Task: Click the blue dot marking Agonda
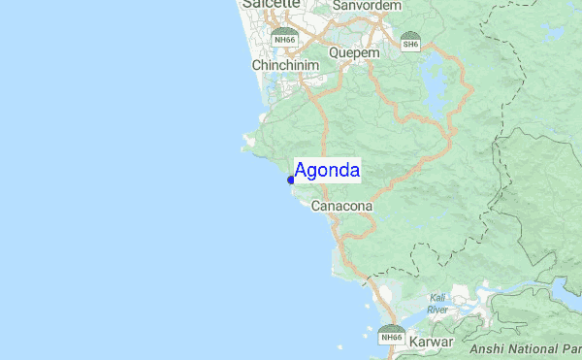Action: coord(291,180)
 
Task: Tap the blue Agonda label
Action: coord(327,172)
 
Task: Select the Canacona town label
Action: coord(341,207)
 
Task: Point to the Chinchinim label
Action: coord(285,65)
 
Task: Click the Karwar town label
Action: coord(432,343)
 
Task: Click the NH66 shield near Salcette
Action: coord(284,38)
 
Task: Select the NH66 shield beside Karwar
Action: coord(391,335)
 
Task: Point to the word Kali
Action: coord(437,298)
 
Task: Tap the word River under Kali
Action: coord(437,310)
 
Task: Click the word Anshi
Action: coord(489,349)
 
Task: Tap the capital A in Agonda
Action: coord(301,172)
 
